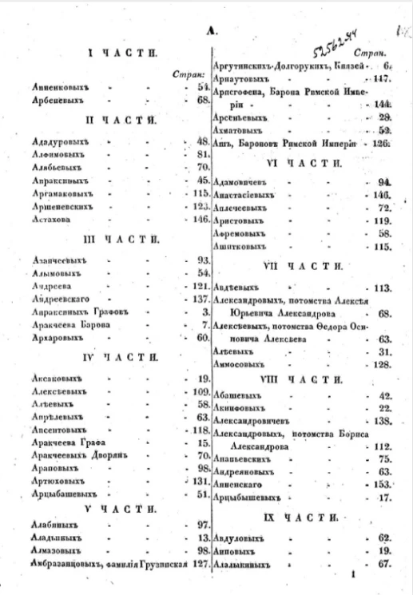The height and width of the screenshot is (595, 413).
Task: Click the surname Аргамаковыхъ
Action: coord(62,194)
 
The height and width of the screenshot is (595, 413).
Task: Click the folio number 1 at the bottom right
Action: coord(351,572)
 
